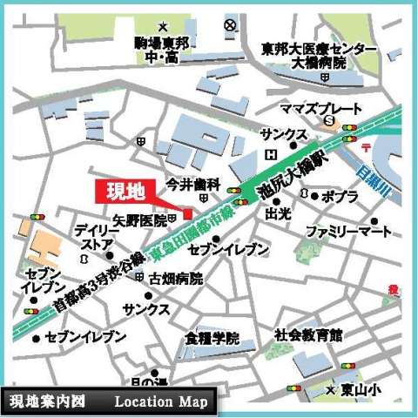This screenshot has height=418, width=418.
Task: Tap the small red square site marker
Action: click(187, 214)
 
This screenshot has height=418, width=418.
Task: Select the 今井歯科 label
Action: click(193, 185)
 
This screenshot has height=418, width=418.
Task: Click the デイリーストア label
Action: click(91, 238)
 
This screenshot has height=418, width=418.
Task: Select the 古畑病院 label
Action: click(175, 280)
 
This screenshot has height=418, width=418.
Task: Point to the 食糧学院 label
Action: click(212, 338)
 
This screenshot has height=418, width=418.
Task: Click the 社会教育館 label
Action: click(308, 334)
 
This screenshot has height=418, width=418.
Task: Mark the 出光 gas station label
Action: click(278, 212)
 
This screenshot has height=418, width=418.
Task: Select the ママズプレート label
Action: click(320, 108)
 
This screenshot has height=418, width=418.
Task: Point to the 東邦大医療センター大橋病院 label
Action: click(320, 56)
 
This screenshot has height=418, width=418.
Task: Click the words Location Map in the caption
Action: click(160, 401)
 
